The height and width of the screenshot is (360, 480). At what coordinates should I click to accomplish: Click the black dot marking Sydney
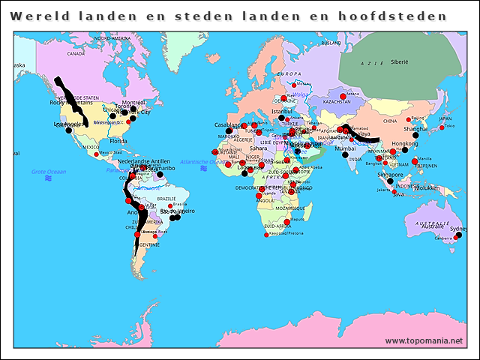point(458,235)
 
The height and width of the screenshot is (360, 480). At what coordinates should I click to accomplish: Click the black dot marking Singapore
point(390,181)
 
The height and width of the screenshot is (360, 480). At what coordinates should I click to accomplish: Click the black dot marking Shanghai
point(415,135)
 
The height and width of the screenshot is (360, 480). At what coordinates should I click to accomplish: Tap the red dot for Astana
point(343,97)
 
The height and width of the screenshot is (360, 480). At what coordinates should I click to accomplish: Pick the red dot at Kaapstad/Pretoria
point(267,235)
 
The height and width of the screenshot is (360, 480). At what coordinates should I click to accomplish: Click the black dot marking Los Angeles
point(68,130)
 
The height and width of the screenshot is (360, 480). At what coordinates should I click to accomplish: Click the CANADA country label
point(76,54)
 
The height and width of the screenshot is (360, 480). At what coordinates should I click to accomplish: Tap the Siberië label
point(398,63)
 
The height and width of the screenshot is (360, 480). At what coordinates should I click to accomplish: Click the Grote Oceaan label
point(49,172)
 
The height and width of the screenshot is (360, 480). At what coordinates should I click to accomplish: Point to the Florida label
point(118,141)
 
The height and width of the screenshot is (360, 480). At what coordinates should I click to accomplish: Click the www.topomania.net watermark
point(424,340)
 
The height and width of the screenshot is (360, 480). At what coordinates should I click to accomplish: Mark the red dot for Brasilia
point(171,205)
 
